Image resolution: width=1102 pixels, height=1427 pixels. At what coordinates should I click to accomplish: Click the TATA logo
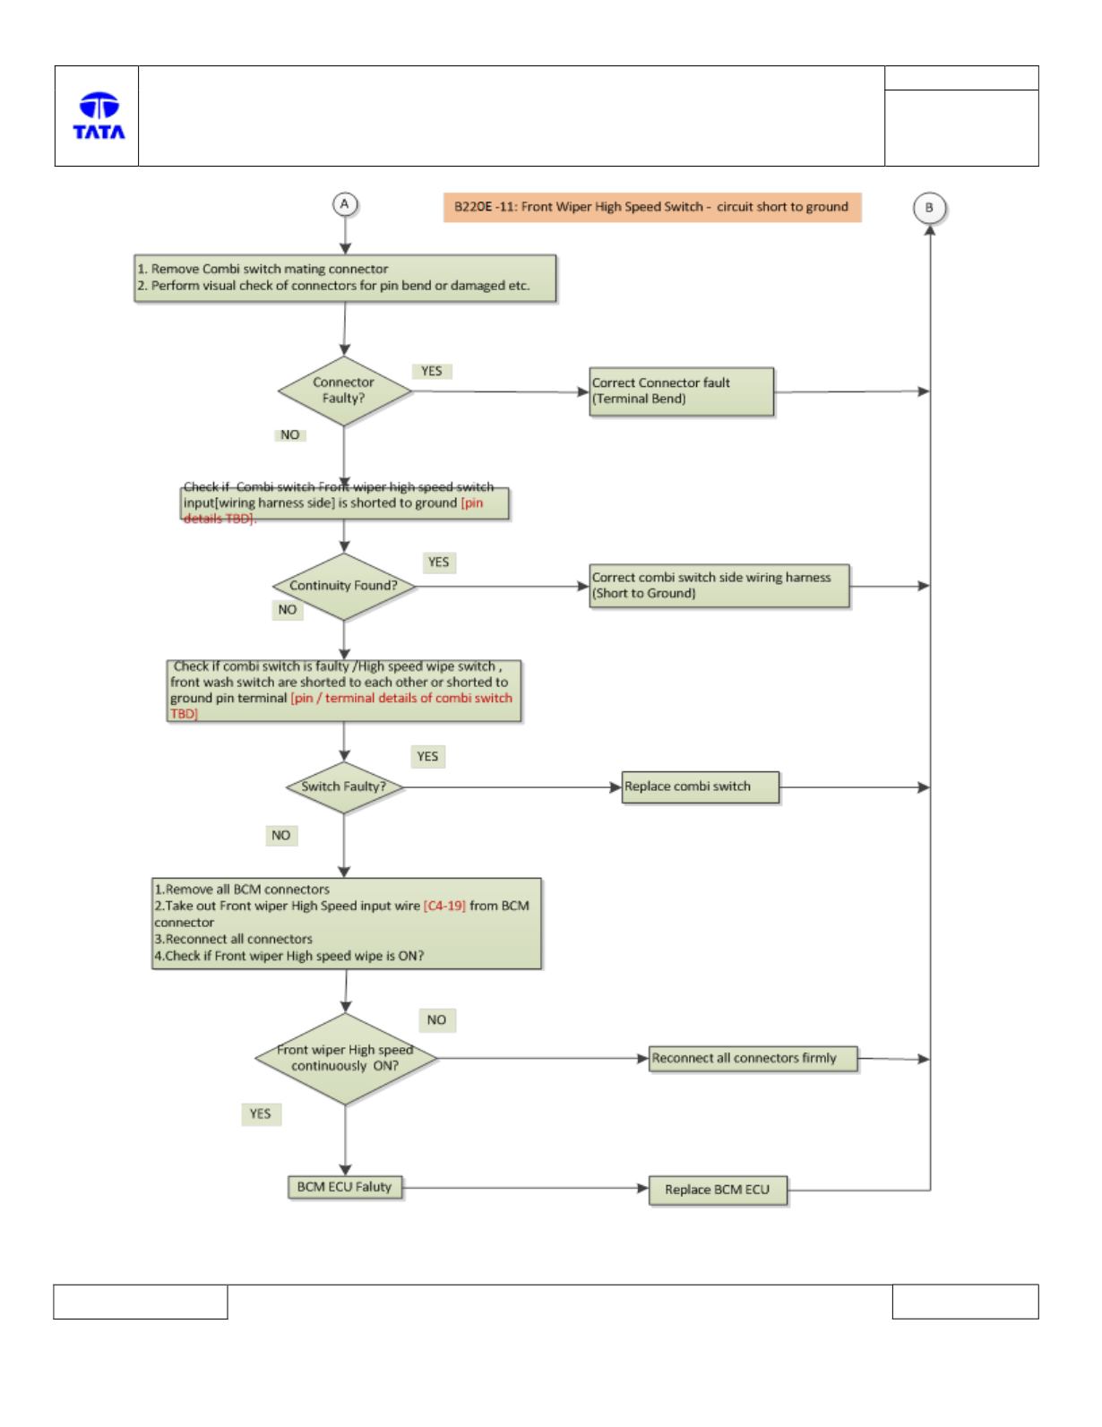pyautogui.click(x=99, y=116)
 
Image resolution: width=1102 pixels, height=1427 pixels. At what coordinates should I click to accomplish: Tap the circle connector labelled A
pyautogui.click(x=345, y=204)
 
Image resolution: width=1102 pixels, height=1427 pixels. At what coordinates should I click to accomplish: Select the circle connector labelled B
pyautogui.click(x=929, y=208)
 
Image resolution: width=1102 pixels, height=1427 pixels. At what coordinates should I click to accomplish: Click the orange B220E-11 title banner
pyautogui.click(x=652, y=207)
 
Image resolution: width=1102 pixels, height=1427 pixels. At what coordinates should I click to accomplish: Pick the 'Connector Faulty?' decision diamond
pyautogui.click(x=344, y=391)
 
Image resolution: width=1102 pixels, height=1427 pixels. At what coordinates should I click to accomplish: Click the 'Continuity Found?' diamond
pyautogui.click(x=344, y=586)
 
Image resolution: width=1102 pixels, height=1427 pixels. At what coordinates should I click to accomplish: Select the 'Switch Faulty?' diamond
pyautogui.click(x=344, y=787)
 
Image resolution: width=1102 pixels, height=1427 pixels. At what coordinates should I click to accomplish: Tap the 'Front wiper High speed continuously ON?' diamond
pyautogui.click(x=346, y=1058)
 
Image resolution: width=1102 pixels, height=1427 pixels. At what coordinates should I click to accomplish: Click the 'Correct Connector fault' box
pyautogui.click(x=682, y=391)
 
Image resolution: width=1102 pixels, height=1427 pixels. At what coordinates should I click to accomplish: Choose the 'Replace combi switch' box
pyautogui.click(x=701, y=787)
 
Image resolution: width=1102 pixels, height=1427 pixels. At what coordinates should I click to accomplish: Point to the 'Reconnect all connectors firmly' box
pyautogui.click(x=753, y=1059)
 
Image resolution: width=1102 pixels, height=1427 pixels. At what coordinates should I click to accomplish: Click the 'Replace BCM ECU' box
pyautogui.click(x=718, y=1190)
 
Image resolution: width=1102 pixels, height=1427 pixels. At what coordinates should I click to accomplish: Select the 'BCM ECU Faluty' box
pyautogui.click(x=345, y=1187)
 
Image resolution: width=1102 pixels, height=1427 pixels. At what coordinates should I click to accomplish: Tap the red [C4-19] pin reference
pyautogui.click(x=444, y=907)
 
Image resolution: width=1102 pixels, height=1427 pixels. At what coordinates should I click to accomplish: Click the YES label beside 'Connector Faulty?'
pyautogui.click(x=432, y=371)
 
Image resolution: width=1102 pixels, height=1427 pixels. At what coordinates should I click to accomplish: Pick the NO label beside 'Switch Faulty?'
pyautogui.click(x=281, y=835)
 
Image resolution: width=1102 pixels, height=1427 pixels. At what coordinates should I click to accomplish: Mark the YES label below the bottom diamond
pyautogui.click(x=261, y=1113)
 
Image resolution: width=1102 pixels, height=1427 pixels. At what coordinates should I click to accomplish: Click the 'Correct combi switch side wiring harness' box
pyautogui.click(x=719, y=586)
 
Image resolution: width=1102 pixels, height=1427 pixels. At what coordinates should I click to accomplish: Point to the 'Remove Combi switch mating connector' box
pyautogui.click(x=346, y=279)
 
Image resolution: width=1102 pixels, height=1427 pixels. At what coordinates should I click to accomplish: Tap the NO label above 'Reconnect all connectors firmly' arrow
pyautogui.click(x=436, y=1019)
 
